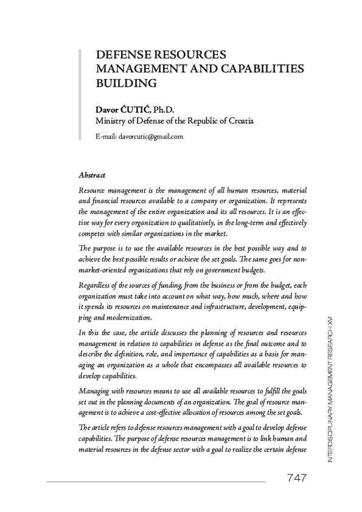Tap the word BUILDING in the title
click(126, 82)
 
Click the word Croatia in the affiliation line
click(240, 120)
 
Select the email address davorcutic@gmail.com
click(151, 136)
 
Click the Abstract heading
click(92, 175)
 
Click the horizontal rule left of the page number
click(156, 482)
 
